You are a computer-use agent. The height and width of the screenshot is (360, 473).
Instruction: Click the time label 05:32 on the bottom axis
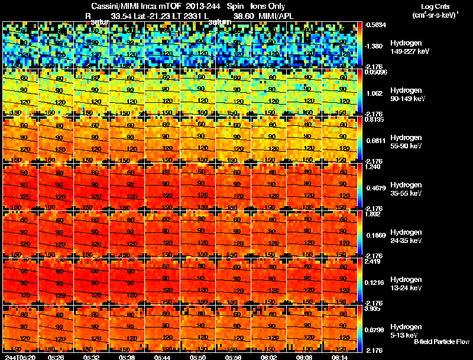pyautogui.click(x=92, y=356)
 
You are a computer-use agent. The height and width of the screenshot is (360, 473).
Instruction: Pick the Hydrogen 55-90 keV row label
pyautogui.click(x=406, y=141)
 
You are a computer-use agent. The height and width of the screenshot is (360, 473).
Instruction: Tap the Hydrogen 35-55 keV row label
pyautogui.click(x=406, y=189)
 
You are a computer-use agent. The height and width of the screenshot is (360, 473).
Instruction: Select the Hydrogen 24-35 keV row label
pyautogui.click(x=406, y=236)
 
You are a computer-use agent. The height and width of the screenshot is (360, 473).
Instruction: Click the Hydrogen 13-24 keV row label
pyautogui.click(x=406, y=283)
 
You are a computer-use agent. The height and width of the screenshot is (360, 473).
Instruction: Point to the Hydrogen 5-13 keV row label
pyautogui.click(x=405, y=330)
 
